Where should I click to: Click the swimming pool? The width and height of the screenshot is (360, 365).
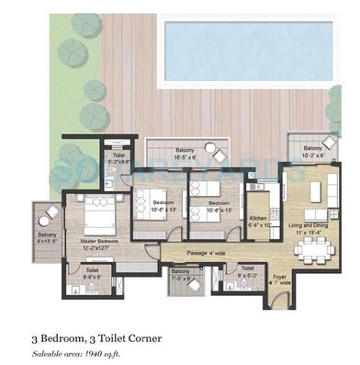tap(257, 50)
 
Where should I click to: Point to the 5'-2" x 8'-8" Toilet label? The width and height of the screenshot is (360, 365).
tap(118, 157)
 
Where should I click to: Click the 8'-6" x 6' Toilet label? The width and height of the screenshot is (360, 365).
tap(94, 273)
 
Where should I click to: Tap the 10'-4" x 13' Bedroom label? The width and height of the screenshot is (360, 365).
tap(163, 206)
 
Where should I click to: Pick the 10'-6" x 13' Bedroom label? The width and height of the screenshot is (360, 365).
tap(217, 206)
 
